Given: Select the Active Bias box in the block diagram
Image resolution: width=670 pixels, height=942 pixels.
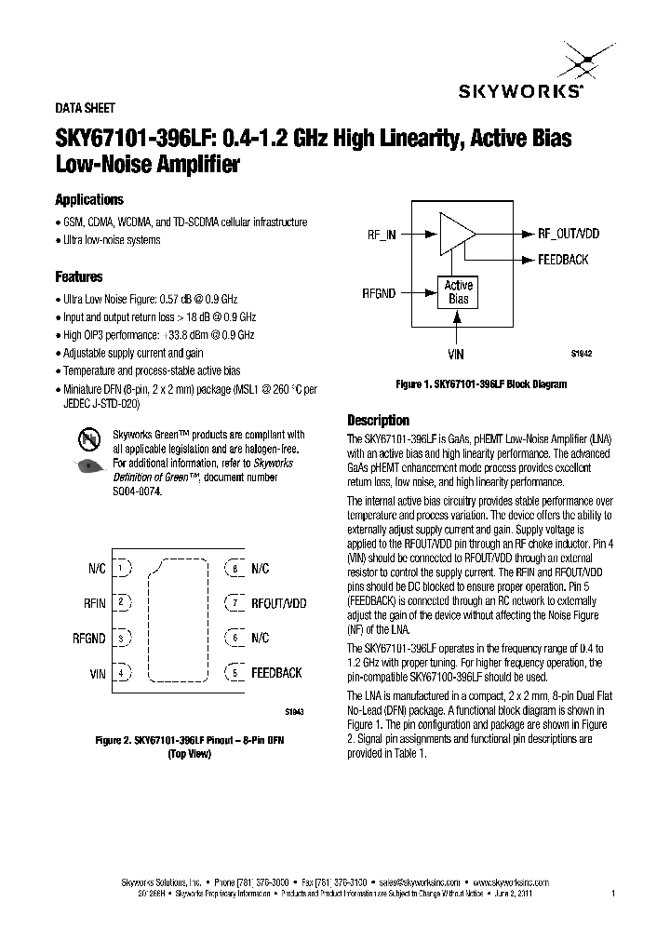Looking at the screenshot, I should [458, 292].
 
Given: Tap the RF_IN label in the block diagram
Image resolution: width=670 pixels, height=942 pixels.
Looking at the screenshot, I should [382, 235].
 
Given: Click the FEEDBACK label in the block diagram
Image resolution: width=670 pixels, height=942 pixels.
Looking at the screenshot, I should [563, 260].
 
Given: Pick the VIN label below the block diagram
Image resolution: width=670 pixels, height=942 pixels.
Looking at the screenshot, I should [457, 354].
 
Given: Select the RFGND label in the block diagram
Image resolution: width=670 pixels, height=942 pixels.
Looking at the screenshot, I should [379, 293].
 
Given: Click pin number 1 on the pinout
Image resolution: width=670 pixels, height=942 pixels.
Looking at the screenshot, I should [122, 568].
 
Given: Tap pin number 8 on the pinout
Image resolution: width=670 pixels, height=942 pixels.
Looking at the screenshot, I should [235, 568].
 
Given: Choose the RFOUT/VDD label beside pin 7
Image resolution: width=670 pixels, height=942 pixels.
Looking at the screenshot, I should [278, 603].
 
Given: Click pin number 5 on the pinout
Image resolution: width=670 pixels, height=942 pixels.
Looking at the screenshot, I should [235, 672].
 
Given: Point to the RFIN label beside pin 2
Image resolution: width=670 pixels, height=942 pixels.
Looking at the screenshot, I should [95, 603].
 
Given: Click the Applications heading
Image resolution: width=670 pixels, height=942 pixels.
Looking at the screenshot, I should [89, 200].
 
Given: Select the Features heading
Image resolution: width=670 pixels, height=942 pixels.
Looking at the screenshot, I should [79, 277].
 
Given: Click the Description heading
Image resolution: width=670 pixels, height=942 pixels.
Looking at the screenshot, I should [378, 419].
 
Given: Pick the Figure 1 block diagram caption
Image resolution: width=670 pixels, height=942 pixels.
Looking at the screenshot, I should [481, 384].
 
